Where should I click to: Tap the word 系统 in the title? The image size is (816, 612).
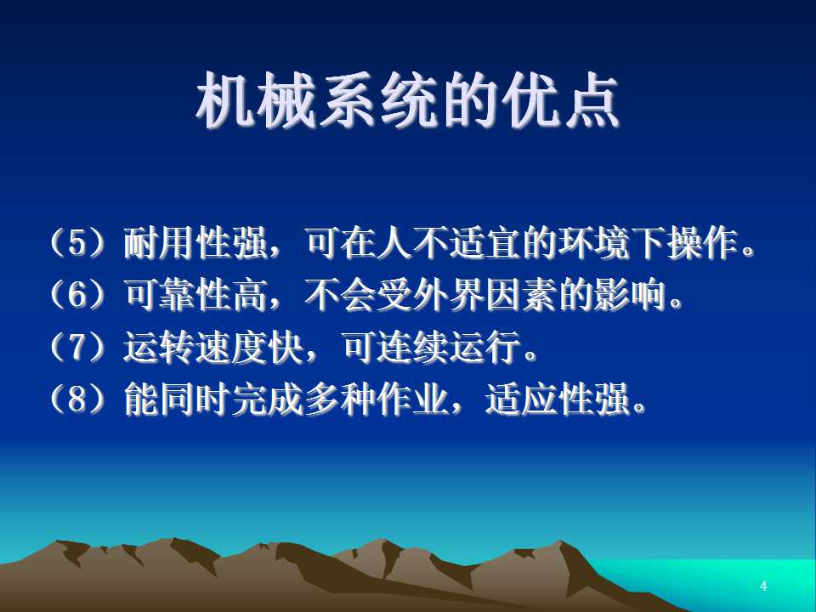[379, 100]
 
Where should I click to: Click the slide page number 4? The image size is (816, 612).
[763, 586]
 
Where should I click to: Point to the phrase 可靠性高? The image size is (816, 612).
[195, 295]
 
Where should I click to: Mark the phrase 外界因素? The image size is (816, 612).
[485, 295]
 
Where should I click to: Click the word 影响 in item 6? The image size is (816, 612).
[631, 295]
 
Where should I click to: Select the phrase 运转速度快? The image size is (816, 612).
[214, 347]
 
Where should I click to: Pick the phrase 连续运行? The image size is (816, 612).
[449, 347]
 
